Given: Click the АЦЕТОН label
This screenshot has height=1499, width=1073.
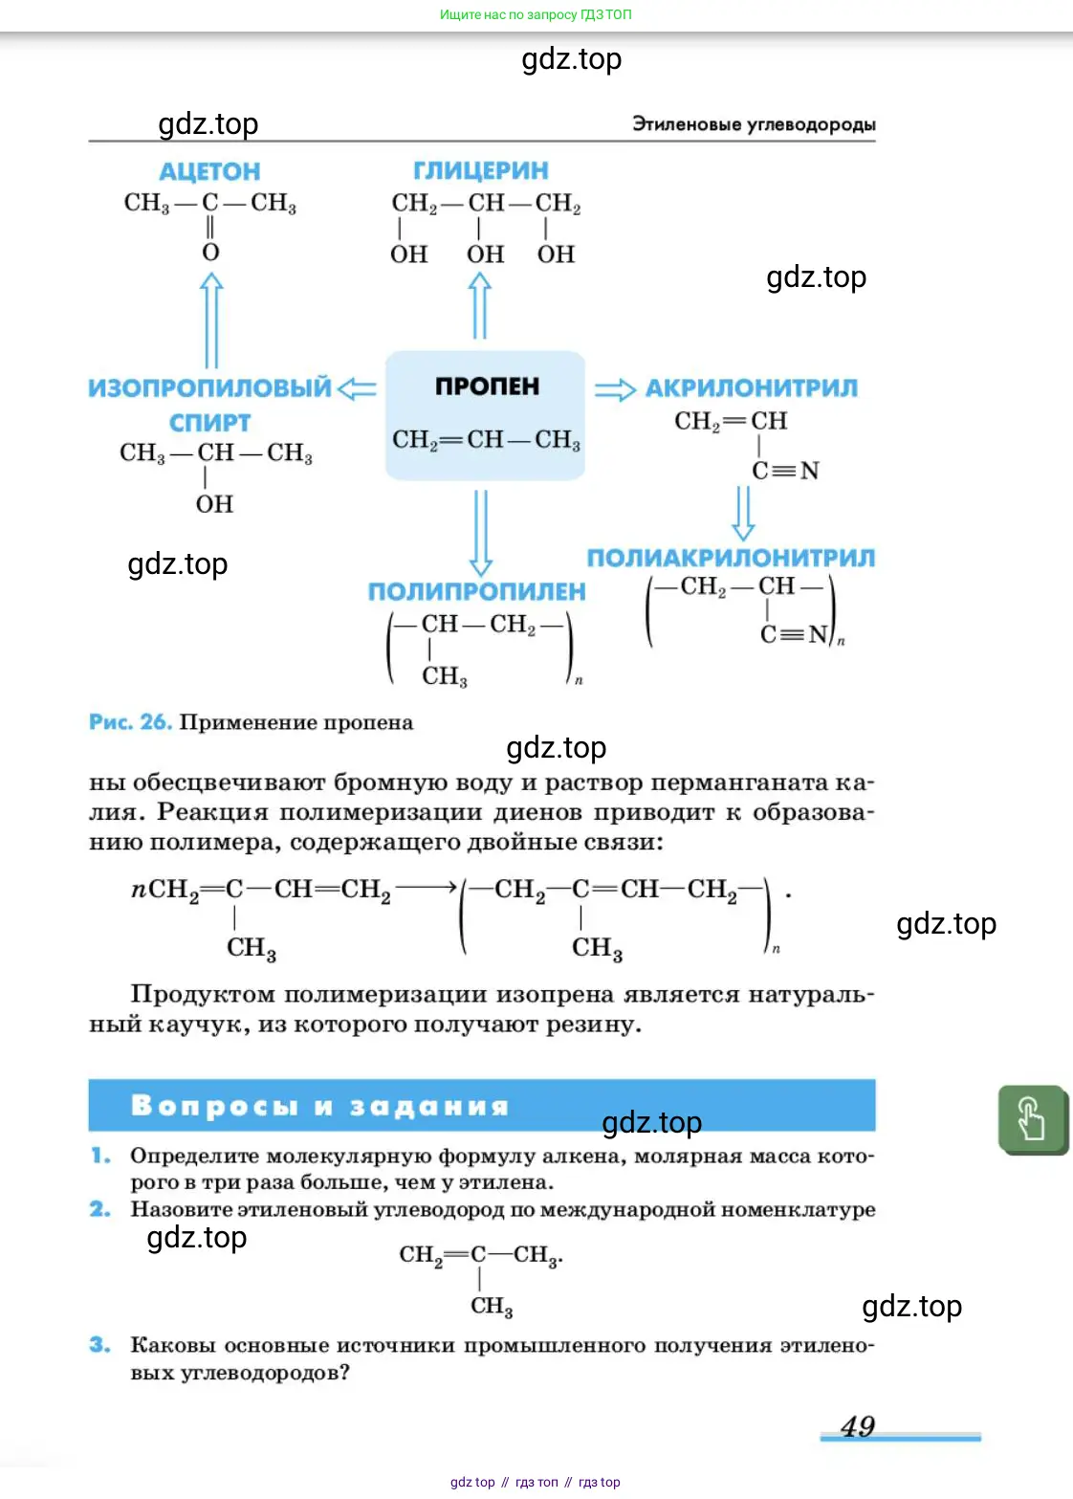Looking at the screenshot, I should pyautogui.click(x=209, y=172).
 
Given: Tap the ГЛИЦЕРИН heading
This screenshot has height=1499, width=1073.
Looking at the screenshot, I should pyautogui.click(x=480, y=171).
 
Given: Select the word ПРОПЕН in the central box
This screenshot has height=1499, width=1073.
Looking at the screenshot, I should pyautogui.click(x=487, y=386).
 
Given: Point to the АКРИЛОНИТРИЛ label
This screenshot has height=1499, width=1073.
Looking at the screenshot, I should pyautogui.click(x=751, y=388).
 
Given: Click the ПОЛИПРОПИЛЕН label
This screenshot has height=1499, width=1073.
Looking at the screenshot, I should pyautogui.click(x=476, y=592).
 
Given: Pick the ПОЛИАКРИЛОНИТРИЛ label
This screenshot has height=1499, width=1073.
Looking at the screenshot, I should pyautogui.click(x=731, y=559).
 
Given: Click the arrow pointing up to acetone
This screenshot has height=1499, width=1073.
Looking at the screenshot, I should pyautogui.click(x=211, y=320).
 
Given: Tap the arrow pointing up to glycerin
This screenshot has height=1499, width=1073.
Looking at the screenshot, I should pyautogui.click(x=480, y=306).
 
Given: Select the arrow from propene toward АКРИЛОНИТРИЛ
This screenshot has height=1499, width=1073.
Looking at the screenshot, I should pyautogui.click(x=615, y=389).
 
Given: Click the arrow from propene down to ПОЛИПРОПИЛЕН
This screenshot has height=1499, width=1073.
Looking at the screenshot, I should pyautogui.click(x=481, y=532).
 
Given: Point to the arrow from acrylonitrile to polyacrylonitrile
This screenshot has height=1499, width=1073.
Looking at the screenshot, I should pyautogui.click(x=743, y=513).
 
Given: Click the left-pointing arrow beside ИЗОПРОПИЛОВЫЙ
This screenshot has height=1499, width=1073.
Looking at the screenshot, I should pyautogui.click(x=358, y=388).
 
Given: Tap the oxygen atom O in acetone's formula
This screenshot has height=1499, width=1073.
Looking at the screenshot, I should pyautogui.click(x=210, y=253).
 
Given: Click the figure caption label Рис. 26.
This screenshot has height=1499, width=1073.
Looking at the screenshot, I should pyautogui.click(x=130, y=722).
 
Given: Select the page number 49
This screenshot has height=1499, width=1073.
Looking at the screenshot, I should pyautogui.click(x=858, y=1426).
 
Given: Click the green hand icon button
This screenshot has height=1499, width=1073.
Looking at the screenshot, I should pyautogui.click(x=1032, y=1119).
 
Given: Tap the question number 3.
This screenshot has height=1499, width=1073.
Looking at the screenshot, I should pyautogui.click(x=99, y=1345).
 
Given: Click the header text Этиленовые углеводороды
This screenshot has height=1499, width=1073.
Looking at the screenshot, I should pyautogui.click(x=754, y=124).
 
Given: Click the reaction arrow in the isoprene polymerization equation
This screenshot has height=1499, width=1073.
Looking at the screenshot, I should pyautogui.click(x=426, y=888).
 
